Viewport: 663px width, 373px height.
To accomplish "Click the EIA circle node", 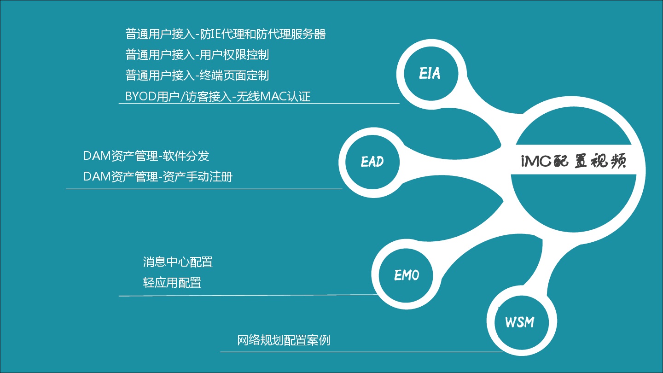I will click(429, 74).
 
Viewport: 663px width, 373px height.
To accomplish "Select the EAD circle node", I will click(372, 162).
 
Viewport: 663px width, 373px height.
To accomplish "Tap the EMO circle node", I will click(407, 275).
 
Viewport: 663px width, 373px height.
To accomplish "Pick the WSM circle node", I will click(519, 322).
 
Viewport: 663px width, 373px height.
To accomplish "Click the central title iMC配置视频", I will click(571, 162).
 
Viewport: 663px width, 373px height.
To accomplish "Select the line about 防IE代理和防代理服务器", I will click(226, 34).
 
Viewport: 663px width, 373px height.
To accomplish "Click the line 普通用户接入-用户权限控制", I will click(197, 55).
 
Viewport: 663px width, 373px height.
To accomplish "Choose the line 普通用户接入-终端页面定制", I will click(197, 76).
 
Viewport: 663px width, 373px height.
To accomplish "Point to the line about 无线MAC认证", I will click(218, 96).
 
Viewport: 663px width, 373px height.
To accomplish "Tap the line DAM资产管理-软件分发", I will click(146, 156).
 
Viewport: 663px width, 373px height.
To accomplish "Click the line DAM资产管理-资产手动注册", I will click(158, 176).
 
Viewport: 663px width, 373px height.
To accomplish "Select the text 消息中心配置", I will click(178, 262).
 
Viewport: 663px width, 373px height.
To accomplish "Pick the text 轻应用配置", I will click(172, 283).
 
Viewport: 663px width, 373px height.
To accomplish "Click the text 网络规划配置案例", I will click(284, 340).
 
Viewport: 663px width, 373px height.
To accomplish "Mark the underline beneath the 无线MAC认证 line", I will click(259, 104).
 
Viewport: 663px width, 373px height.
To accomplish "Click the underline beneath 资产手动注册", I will click(204, 189).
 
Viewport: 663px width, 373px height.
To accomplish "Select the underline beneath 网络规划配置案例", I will click(361, 352).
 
